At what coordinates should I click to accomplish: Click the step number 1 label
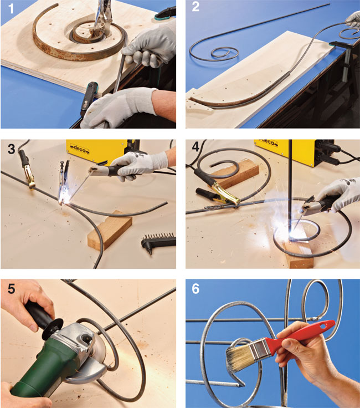(11, 8)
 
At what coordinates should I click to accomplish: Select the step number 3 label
(11, 149)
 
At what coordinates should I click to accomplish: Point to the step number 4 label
(196, 147)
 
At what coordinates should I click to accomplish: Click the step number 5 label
(11, 289)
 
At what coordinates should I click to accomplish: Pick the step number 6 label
(196, 289)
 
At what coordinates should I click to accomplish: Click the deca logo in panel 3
(80, 149)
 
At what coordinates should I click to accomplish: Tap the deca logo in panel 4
(268, 143)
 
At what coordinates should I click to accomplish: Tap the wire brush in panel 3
(158, 241)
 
